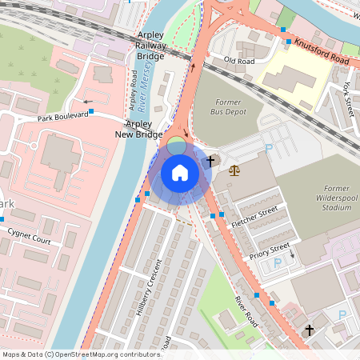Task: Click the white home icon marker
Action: [180, 172]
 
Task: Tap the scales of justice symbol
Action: [234, 170]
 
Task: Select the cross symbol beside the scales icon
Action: [210, 162]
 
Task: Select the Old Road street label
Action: [239, 60]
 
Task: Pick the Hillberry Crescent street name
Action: [150, 283]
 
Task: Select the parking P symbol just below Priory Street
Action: [278, 262]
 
